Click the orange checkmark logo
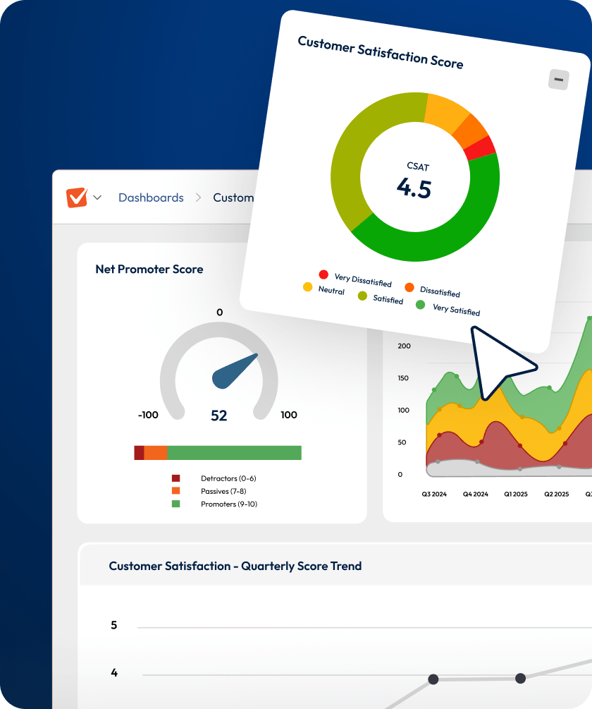click(x=76, y=198)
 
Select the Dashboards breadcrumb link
click(x=151, y=198)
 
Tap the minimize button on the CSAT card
click(x=559, y=80)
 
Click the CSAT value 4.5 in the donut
click(x=414, y=188)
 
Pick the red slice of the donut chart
click(x=481, y=148)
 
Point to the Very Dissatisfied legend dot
click(x=323, y=274)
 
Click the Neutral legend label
click(x=331, y=291)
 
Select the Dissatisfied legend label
click(x=440, y=291)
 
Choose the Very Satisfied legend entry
click(x=455, y=309)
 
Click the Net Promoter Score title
click(x=149, y=269)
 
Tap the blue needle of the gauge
click(x=235, y=372)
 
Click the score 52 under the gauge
click(x=219, y=416)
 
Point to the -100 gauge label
click(x=148, y=415)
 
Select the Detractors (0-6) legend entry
click(x=228, y=478)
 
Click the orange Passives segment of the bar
click(x=156, y=453)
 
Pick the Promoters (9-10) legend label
click(x=229, y=504)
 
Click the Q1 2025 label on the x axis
click(x=515, y=495)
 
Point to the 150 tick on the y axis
click(x=403, y=378)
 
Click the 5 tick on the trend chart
click(x=114, y=625)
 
